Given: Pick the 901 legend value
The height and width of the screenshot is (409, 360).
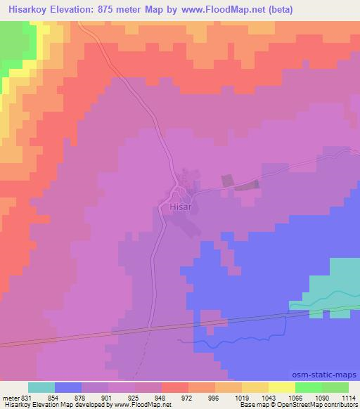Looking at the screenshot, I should pyautogui.click(x=109, y=397).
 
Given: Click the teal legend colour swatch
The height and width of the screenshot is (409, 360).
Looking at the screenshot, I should pyautogui.click(x=41, y=387).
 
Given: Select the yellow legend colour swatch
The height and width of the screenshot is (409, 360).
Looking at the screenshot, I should pyautogui.click(x=282, y=387).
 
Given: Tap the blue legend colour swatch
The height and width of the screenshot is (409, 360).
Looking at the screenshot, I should pyautogui.click(x=68, y=387).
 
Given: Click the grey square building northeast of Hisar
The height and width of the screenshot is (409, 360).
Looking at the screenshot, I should pyautogui.click(x=226, y=181).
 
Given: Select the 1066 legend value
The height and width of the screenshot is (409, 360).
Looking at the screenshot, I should pyautogui.click(x=295, y=397).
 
